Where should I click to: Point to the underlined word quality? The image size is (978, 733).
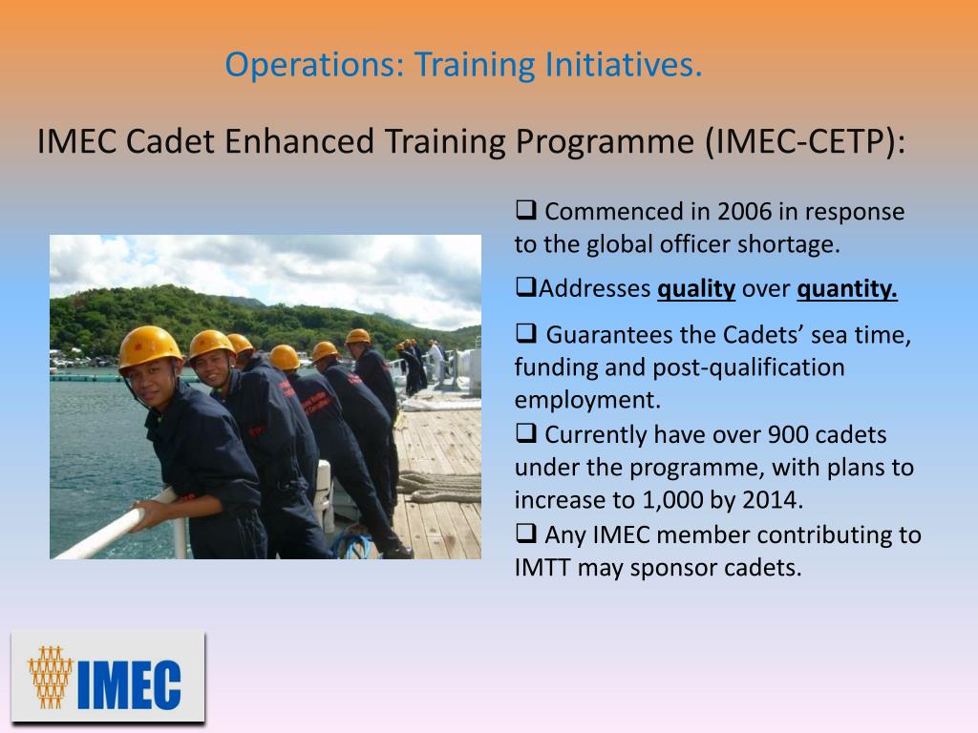tap(696, 289)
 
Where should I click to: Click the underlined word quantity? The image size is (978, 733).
tap(847, 289)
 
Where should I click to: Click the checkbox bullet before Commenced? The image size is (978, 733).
tap(525, 210)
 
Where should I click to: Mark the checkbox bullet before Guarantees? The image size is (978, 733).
tap(525, 334)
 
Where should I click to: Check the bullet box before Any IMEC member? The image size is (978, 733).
tap(525, 533)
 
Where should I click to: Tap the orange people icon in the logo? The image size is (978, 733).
tap(50, 677)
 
